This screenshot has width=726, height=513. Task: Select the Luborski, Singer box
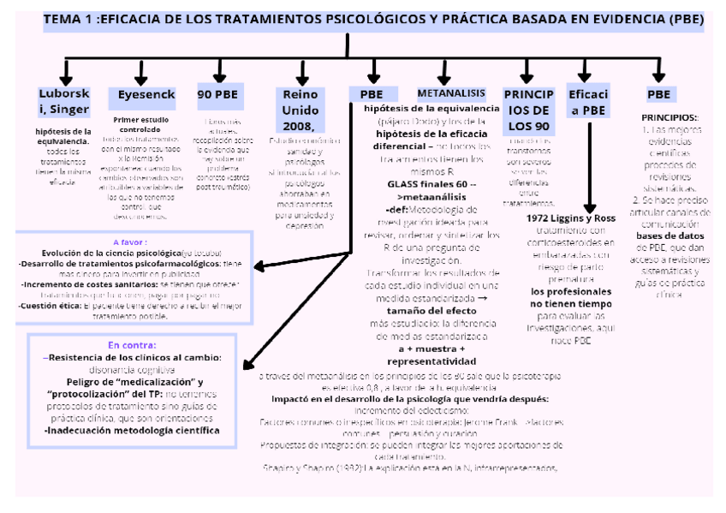point(63,101)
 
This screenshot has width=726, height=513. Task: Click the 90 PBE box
point(217,94)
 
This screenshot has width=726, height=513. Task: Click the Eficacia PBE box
point(589,101)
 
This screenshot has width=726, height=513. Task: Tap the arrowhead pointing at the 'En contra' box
point(245,361)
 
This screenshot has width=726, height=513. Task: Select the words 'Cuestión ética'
point(51,305)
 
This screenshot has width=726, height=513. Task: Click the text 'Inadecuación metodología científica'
point(130,431)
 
